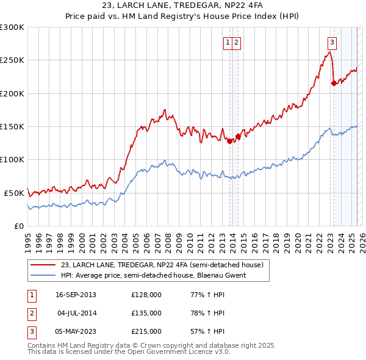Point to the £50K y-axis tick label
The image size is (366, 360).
pos(14,193)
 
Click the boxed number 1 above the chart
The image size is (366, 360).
pos(227,42)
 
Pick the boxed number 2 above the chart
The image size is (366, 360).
pos(236,42)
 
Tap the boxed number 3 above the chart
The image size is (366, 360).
pos(332,42)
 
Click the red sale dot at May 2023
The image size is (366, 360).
pos(334,84)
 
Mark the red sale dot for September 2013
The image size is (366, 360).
pos(229,141)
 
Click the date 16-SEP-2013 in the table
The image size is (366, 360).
pos(76,295)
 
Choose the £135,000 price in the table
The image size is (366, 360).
pos(146,313)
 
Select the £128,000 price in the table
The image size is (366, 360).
pos(146,295)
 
